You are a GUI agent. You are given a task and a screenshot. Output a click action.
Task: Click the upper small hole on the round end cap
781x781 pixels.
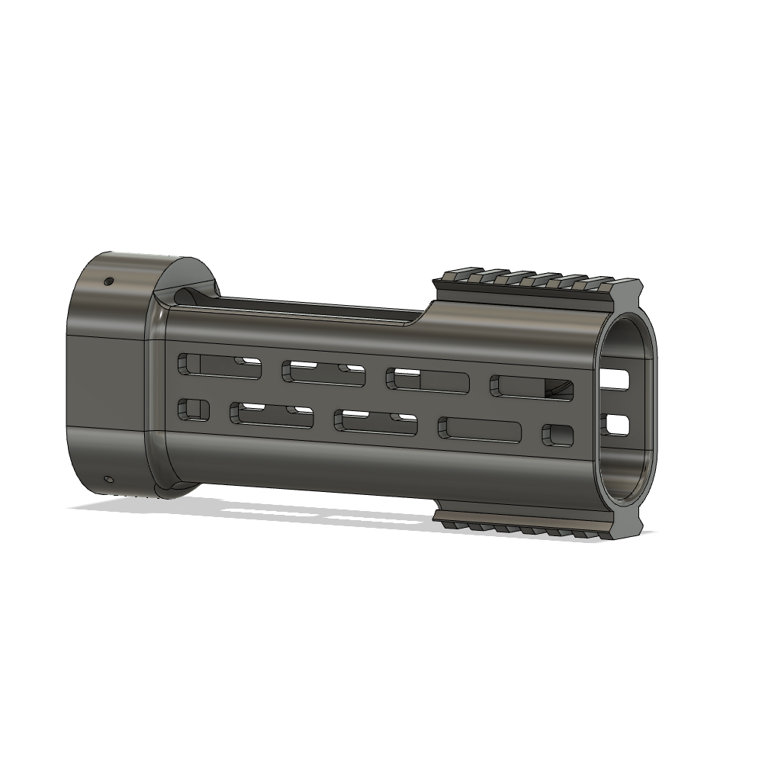tap(108, 281)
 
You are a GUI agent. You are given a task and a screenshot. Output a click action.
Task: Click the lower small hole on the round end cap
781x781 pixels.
tap(108, 480)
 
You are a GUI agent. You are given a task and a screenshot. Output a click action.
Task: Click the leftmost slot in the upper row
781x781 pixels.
tap(220, 365)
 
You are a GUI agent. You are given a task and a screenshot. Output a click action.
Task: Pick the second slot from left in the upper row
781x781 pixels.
tap(323, 372)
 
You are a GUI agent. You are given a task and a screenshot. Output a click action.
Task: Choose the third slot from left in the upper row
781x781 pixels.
tap(427, 380)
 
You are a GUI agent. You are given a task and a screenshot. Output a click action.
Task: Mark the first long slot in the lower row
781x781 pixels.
tap(272, 415)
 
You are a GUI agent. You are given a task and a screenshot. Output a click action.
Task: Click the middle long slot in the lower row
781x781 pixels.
tap(375, 423)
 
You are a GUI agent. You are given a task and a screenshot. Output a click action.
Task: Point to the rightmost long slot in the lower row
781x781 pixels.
tap(480, 430)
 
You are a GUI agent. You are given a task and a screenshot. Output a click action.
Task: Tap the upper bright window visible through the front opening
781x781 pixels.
tap(617, 379)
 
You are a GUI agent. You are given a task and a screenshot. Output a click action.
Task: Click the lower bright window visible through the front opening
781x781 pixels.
tap(617, 423)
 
